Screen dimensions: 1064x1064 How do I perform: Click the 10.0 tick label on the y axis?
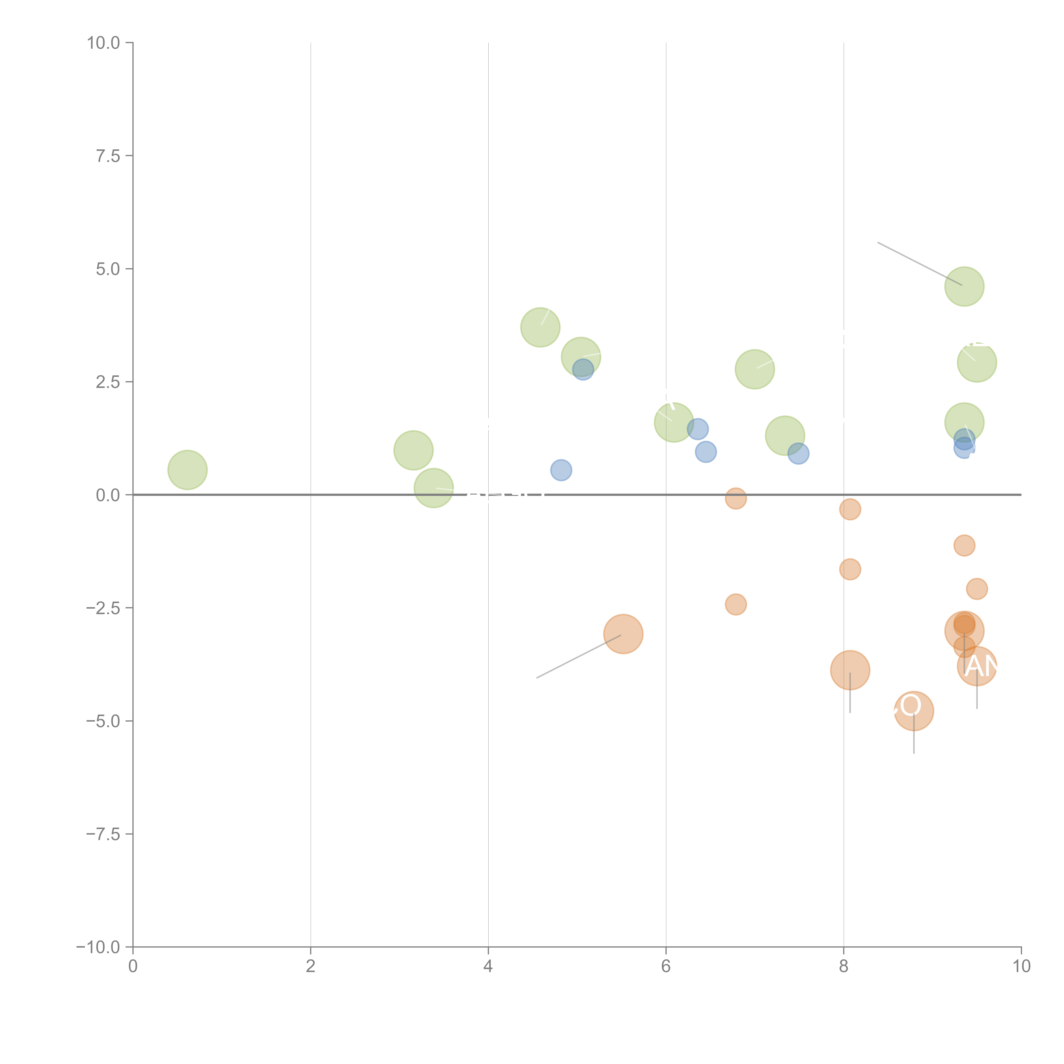tap(104, 43)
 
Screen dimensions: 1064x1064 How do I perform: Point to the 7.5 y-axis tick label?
tap(108, 156)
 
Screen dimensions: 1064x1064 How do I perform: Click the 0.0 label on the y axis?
tap(108, 495)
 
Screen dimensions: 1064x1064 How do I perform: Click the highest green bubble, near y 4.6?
tap(964, 286)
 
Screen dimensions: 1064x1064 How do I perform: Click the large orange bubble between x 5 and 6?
tap(623, 634)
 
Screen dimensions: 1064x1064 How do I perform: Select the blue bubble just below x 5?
tap(561, 470)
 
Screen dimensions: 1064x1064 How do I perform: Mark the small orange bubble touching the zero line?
tap(736, 498)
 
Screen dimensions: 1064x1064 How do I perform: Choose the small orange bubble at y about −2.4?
tap(736, 604)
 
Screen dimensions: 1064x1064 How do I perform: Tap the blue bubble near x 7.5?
tap(798, 454)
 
